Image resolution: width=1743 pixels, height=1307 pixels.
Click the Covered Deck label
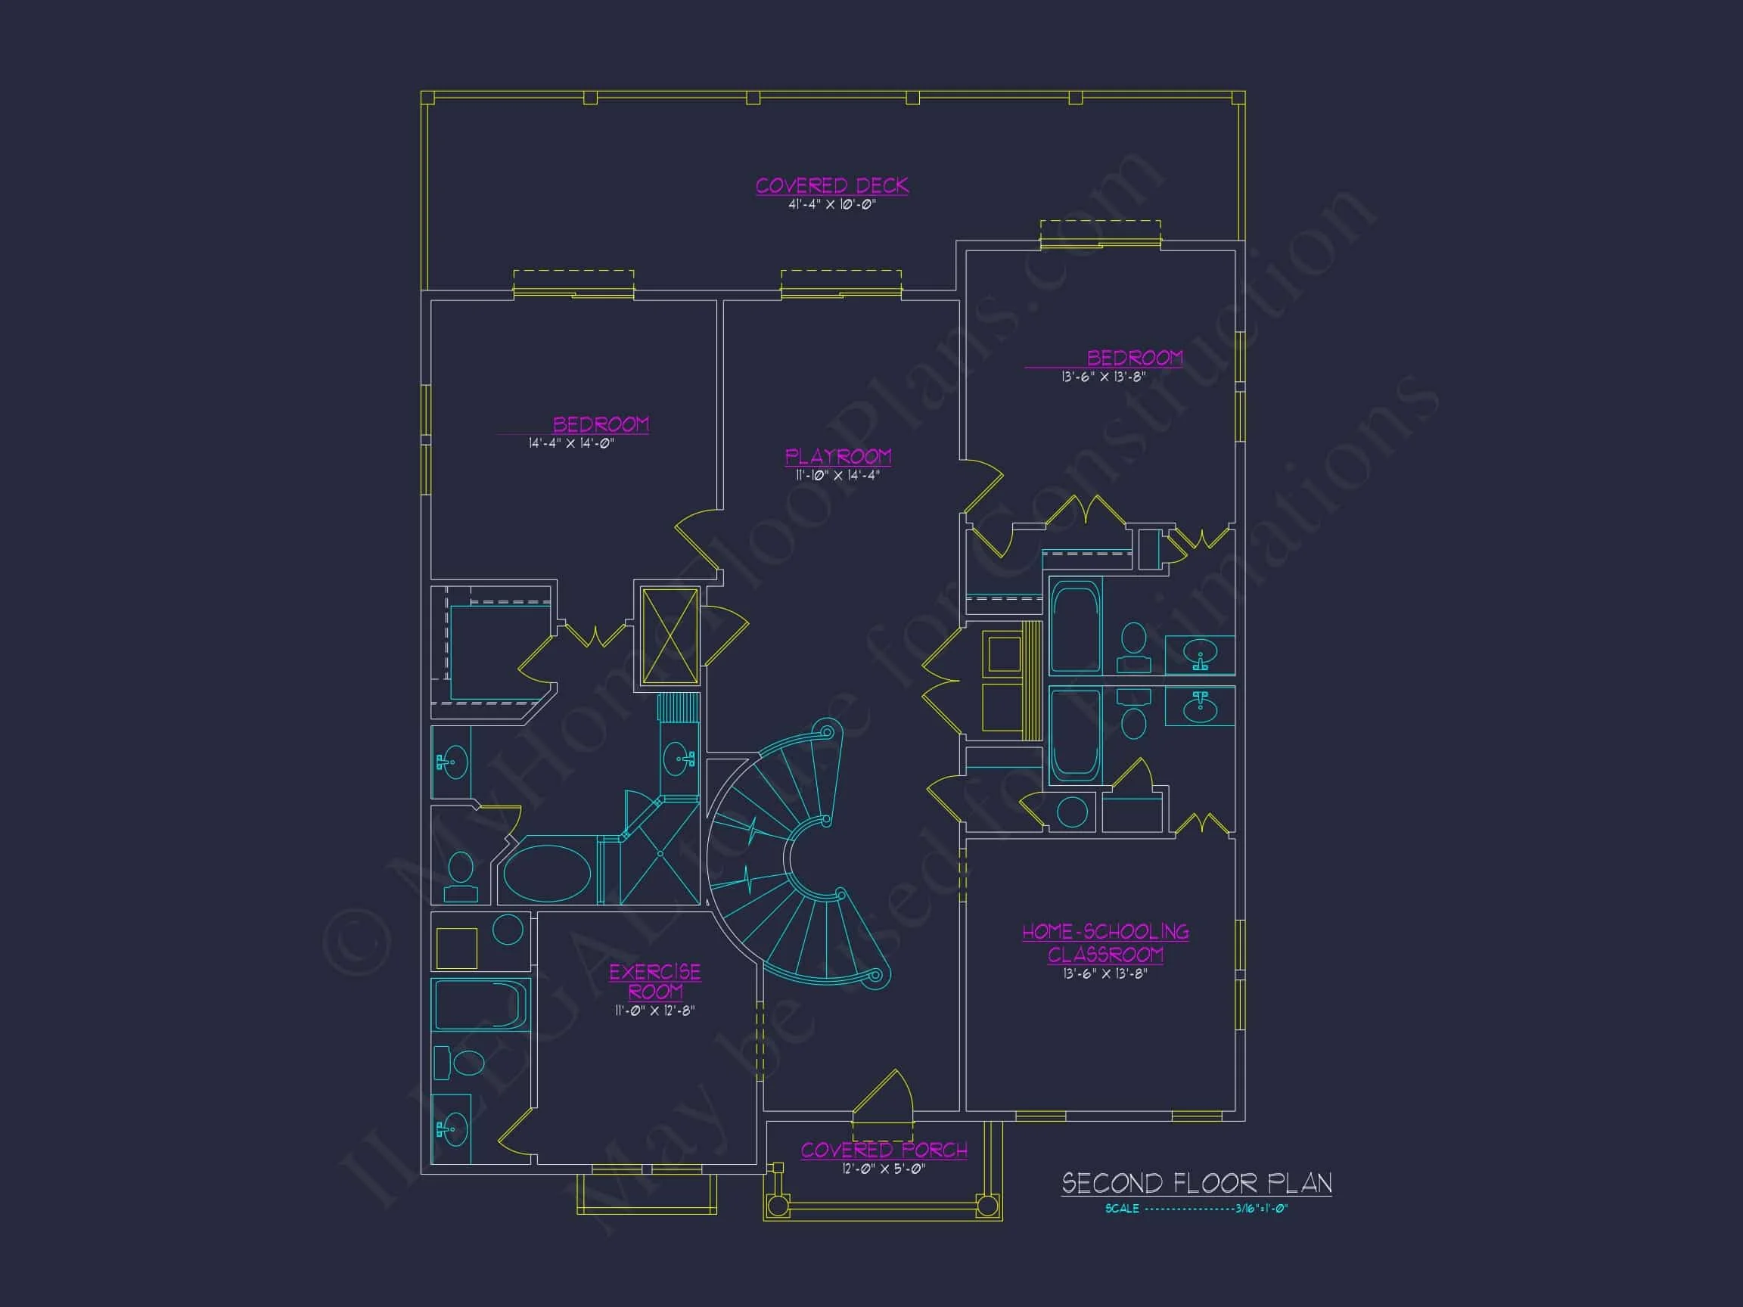(831, 186)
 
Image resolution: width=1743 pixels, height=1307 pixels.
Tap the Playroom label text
(837, 457)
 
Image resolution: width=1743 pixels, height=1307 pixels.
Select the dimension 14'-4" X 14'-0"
(571, 443)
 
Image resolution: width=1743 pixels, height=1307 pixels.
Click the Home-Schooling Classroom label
(1105, 943)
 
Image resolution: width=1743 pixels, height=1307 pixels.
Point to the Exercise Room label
(655, 982)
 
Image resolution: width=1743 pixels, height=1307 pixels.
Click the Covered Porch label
(884, 1150)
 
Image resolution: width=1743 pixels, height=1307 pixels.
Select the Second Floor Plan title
(1196, 1183)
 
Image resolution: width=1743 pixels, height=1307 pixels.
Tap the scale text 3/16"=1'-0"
(1261, 1209)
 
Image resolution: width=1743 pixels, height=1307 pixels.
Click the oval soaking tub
(547, 874)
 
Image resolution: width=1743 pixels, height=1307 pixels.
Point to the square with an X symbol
(670, 636)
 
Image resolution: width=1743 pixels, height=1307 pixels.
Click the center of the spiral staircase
(796, 858)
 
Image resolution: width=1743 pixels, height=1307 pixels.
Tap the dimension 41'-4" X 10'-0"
(832, 205)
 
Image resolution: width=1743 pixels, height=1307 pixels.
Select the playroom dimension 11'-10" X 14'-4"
(837, 475)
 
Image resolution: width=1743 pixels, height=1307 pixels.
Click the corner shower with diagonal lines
(660, 855)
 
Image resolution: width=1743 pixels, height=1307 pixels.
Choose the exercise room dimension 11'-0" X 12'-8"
(655, 1011)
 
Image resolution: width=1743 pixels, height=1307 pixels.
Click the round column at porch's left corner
(778, 1205)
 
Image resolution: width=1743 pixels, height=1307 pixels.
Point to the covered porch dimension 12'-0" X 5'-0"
(884, 1169)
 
